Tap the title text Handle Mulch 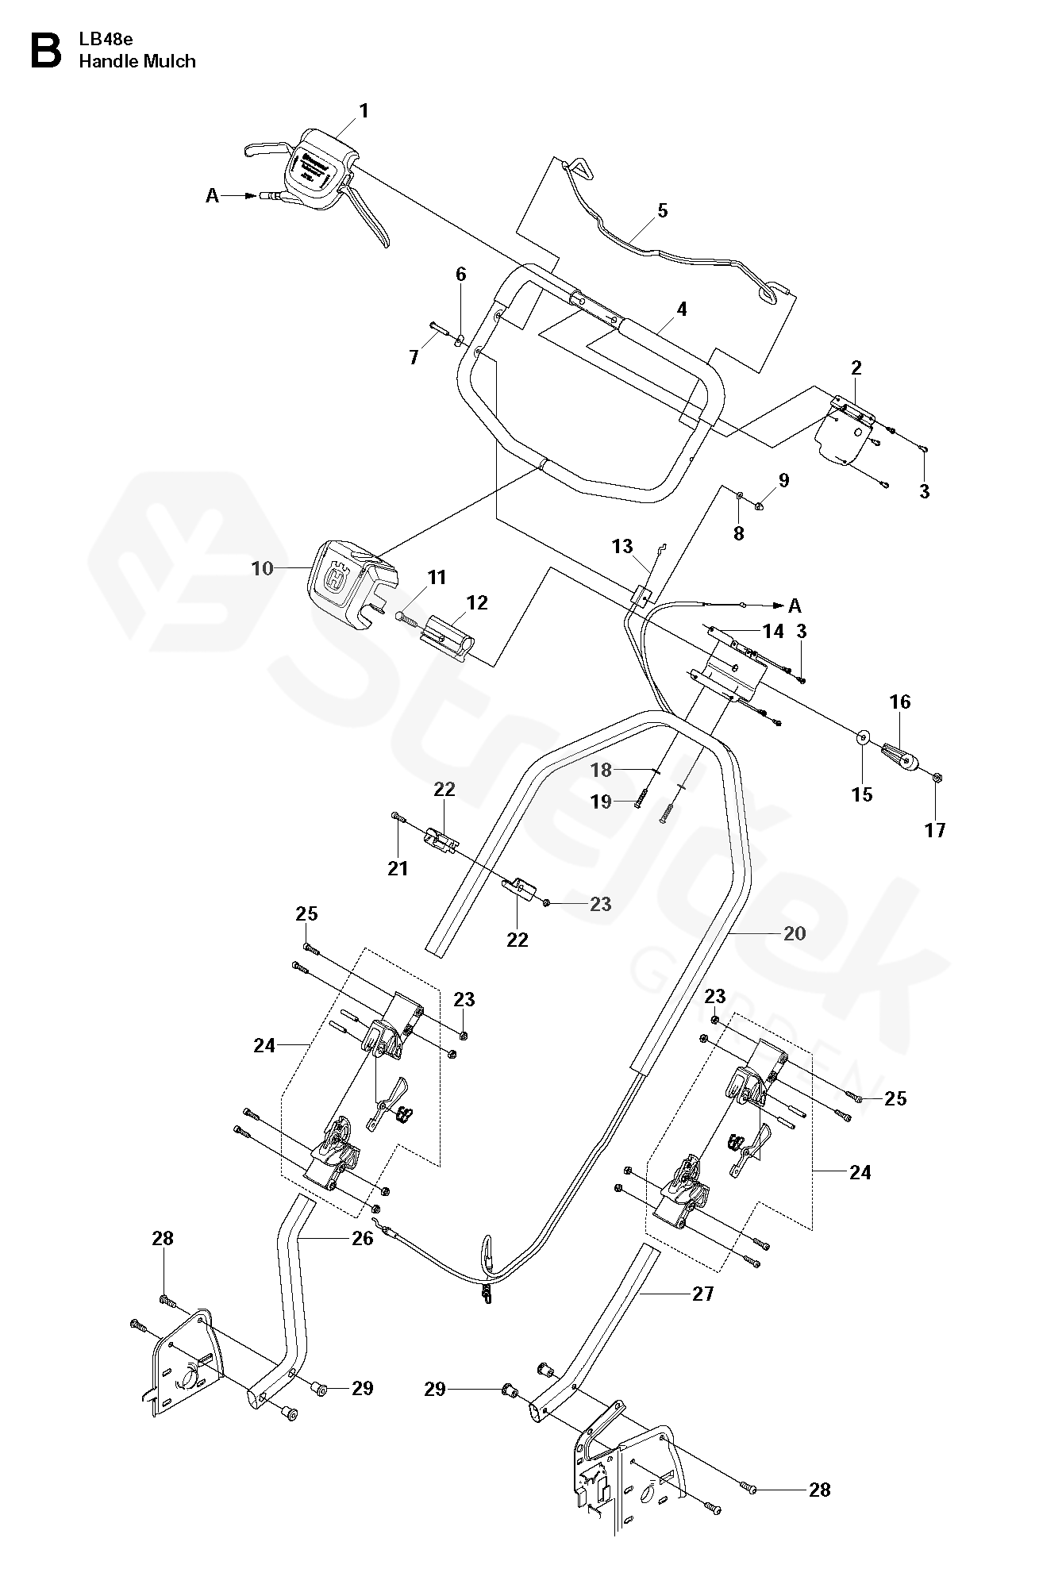click(x=137, y=61)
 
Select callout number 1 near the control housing click(x=364, y=111)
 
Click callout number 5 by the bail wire click(x=663, y=211)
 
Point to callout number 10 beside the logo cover click(x=262, y=568)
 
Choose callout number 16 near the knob click(x=900, y=702)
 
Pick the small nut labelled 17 click(x=937, y=777)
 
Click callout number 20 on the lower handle click(x=794, y=933)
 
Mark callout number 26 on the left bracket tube click(x=362, y=1238)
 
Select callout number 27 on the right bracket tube click(x=703, y=1294)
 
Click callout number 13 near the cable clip click(x=622, y=546)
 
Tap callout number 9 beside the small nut click(x=784, y=480)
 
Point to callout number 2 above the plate click(x=856, y=367)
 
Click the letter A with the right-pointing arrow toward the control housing click(x=212, y=195)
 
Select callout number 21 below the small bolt click(x=398, y=868)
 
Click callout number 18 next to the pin click(x=602, y=770)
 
